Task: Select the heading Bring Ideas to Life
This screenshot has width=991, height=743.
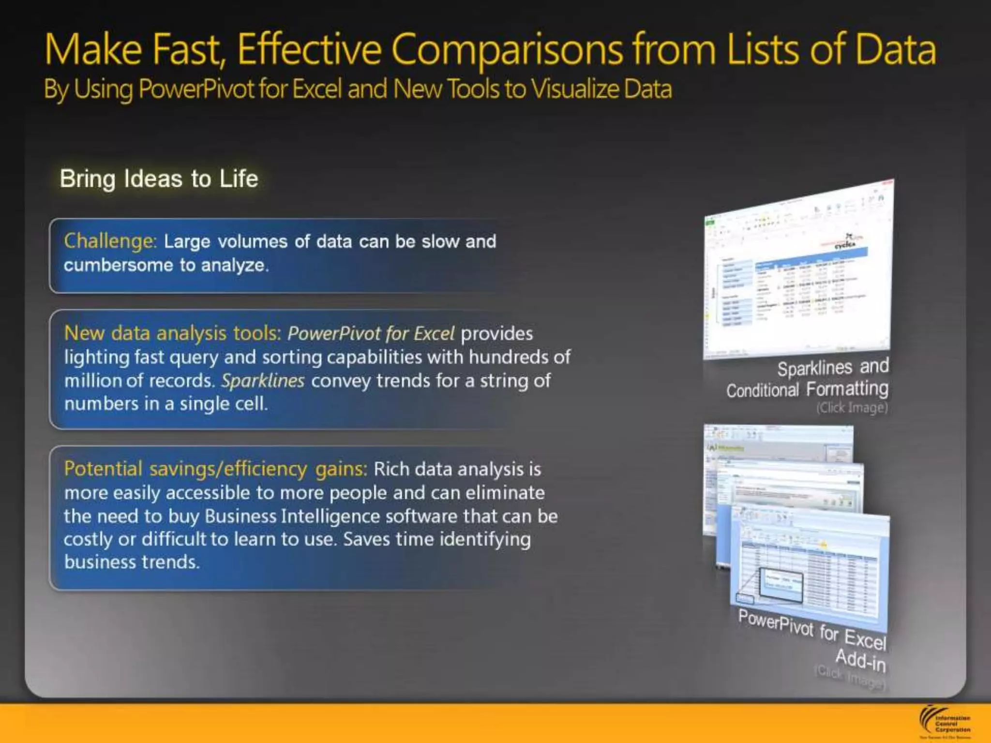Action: [x=159, y=178]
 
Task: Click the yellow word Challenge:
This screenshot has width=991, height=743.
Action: [x=110, y=241]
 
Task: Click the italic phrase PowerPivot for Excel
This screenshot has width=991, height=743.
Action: [x=371, y=333]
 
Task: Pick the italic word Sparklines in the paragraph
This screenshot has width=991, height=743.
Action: [x=263, y=381]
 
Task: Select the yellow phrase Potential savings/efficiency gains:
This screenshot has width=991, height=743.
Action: [x=215, y=469]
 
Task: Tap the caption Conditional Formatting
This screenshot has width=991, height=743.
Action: [x=807, y=389]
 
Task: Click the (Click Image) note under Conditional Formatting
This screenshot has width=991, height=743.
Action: [x=852, y=408]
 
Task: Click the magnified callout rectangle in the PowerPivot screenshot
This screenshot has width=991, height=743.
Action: [x=781, y=585]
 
